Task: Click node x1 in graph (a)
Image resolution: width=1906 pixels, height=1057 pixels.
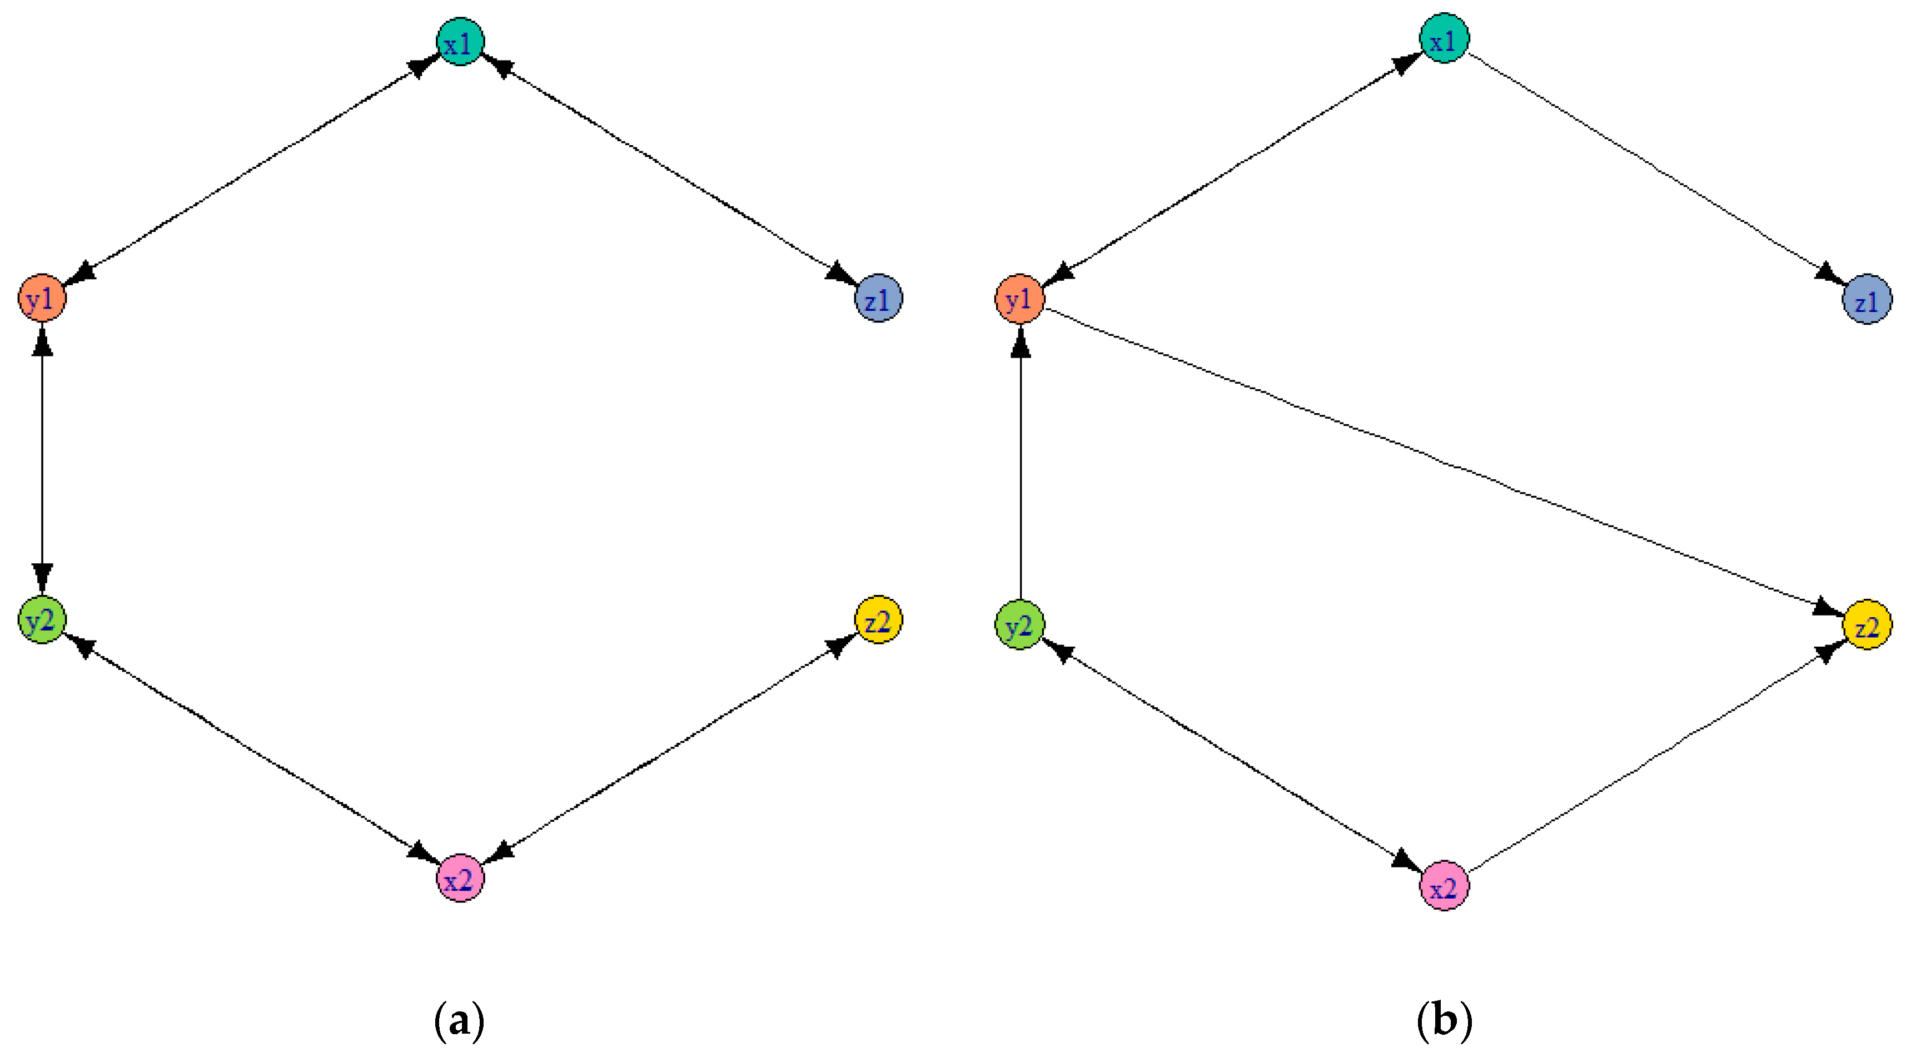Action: [460, 42]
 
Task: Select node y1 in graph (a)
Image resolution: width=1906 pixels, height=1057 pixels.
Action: [42, 298]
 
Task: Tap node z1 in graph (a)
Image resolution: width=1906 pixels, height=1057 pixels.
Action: [878, 298]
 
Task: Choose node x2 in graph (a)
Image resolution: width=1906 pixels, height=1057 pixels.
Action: [460, 879]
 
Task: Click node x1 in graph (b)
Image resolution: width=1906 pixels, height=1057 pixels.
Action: [1444, 38]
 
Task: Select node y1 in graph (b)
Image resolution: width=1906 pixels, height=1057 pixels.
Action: [1019, 299]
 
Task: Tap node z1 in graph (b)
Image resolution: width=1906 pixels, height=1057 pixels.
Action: [1867, 299]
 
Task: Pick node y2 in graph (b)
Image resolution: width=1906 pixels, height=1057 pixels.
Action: [1019, 626]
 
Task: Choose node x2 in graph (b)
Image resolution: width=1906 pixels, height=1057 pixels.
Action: [1444, 885]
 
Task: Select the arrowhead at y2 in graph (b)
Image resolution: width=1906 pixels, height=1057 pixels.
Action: [1059, 651]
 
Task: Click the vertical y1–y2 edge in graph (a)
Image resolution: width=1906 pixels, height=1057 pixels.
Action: [42, 459]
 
